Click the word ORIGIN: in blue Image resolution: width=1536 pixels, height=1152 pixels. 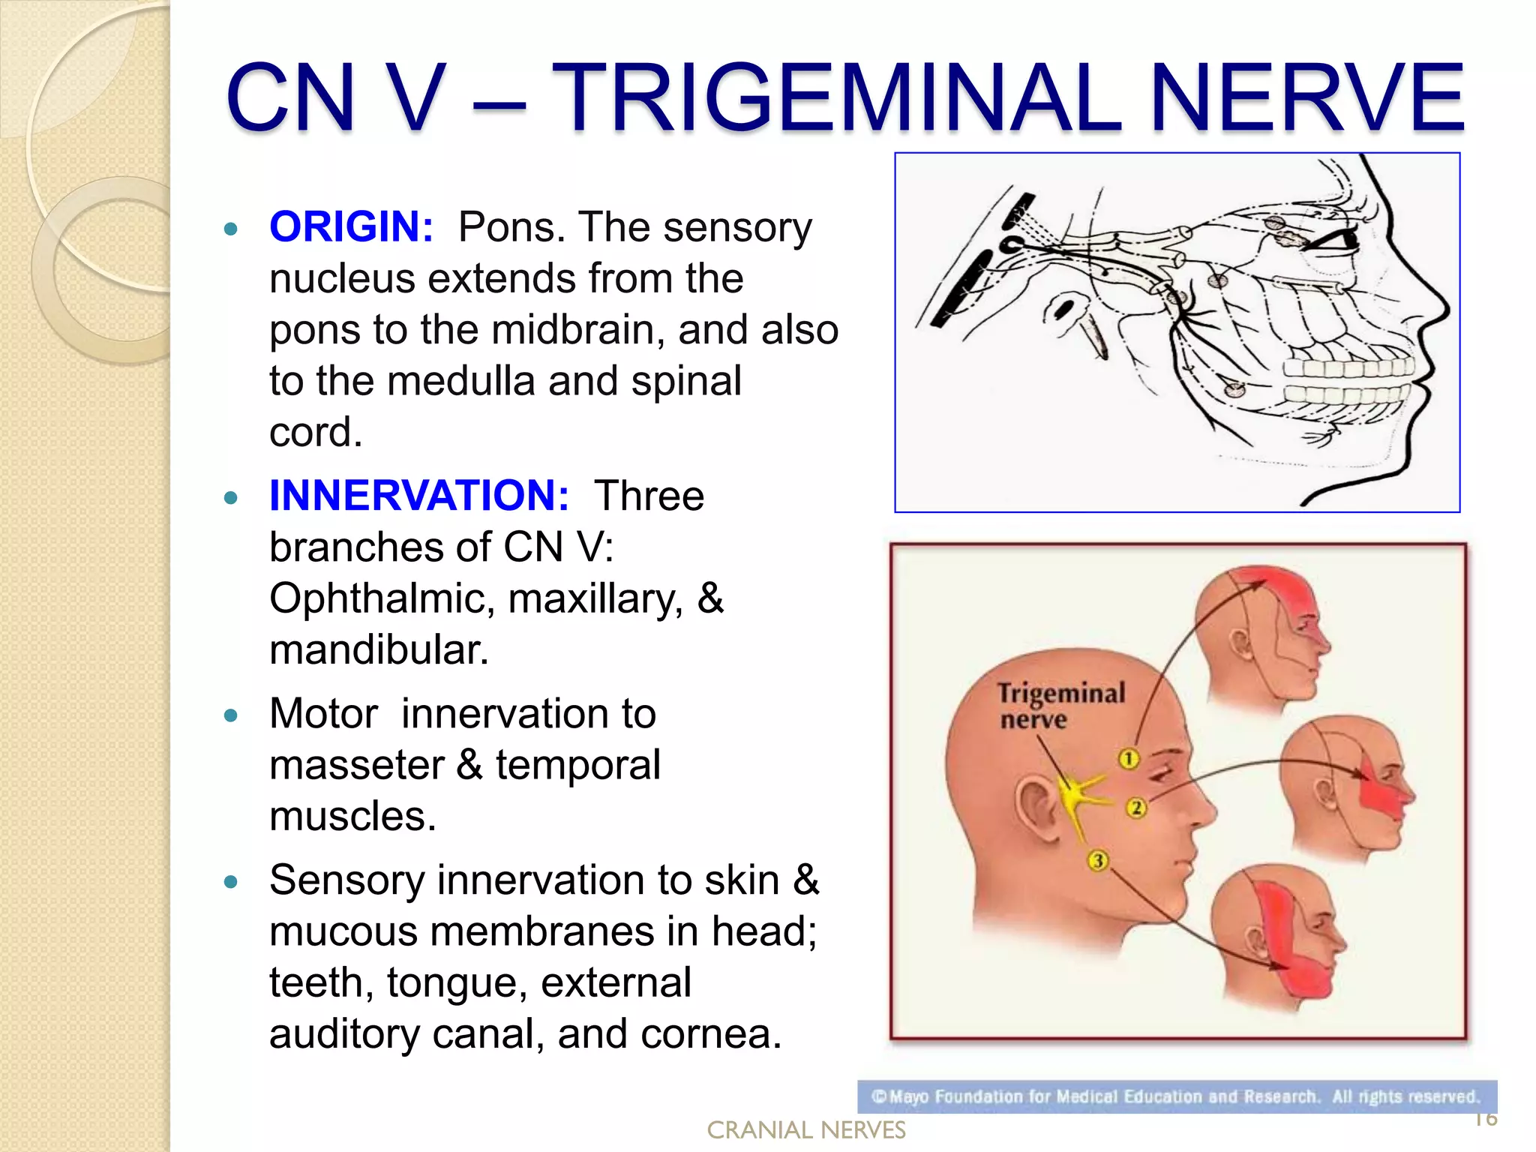point(351,227)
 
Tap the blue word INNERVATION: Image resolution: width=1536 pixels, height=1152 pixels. point(418,496)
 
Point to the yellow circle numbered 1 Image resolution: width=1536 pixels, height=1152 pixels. point(1129,759)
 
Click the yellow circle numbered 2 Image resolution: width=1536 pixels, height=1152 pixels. point(1136,808)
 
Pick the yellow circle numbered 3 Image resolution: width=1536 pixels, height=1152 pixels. point(1097,860)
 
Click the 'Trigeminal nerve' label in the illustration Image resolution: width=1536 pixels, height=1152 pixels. point(1060,705)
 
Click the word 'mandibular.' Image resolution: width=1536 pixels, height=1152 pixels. point(379,650)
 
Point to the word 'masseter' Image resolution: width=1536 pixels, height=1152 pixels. point(356,766)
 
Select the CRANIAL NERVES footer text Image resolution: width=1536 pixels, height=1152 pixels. point(805,1129)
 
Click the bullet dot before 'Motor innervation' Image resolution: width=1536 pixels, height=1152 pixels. point(230,715)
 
